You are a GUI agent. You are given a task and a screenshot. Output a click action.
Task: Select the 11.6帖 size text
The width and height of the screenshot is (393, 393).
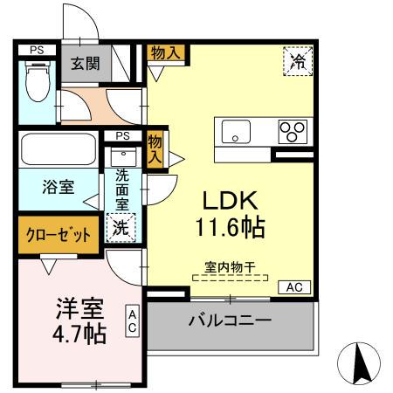[230, 229]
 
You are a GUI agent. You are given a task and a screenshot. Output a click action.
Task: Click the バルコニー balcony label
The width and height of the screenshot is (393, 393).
[230, 321]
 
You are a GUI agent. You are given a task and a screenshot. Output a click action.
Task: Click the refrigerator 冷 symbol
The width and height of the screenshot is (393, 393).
[297, 60]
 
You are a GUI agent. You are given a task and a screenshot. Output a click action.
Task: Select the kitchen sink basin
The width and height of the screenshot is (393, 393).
[236, 133]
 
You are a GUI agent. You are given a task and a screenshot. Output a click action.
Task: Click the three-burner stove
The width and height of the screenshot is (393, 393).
[293, 131]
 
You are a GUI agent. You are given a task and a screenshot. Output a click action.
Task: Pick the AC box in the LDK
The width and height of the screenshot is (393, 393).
[295, 287]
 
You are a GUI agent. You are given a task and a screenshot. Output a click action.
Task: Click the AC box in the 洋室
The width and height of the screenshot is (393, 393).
[132, 320]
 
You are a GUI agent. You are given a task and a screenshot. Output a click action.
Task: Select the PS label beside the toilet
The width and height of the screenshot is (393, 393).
[36, 50]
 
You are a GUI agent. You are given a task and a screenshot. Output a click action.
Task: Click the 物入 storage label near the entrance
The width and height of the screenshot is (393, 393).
[165, 53]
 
